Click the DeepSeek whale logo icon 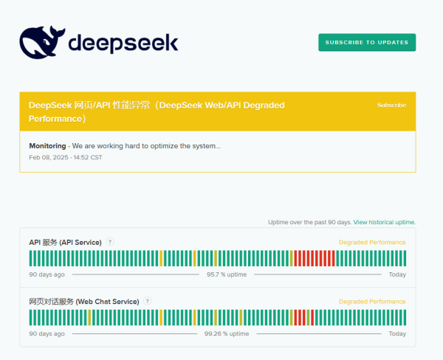41,43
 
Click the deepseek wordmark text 123,44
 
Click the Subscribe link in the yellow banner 391,105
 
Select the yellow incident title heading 157,111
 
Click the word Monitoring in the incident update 47,145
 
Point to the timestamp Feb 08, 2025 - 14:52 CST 66,157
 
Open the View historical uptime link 385,222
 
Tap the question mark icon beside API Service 110,242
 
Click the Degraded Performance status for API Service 372,242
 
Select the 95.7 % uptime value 227,274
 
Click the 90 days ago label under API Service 47,274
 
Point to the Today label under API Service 397,274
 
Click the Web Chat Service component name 83,301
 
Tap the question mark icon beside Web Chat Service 148,301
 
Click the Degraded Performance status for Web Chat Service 372,301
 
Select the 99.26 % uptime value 227,333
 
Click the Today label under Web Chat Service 397,333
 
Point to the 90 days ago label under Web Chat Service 47,333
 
